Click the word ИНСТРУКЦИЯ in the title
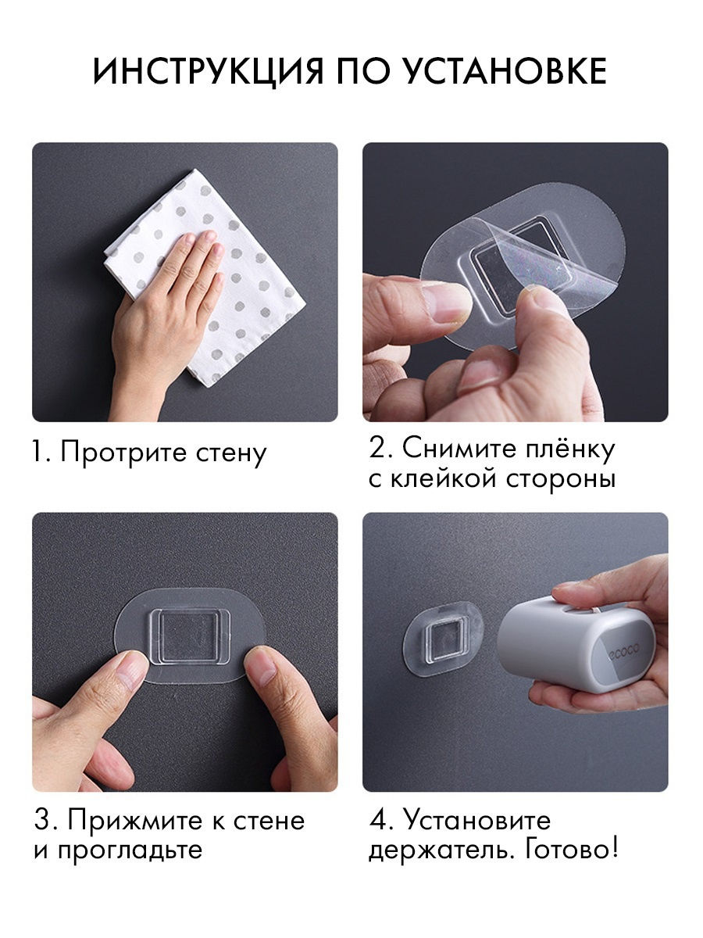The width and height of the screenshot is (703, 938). coord(208,71)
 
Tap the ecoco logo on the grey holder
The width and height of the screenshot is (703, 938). coord(624,651)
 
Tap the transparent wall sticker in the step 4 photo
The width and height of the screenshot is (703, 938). coord(443,639)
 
